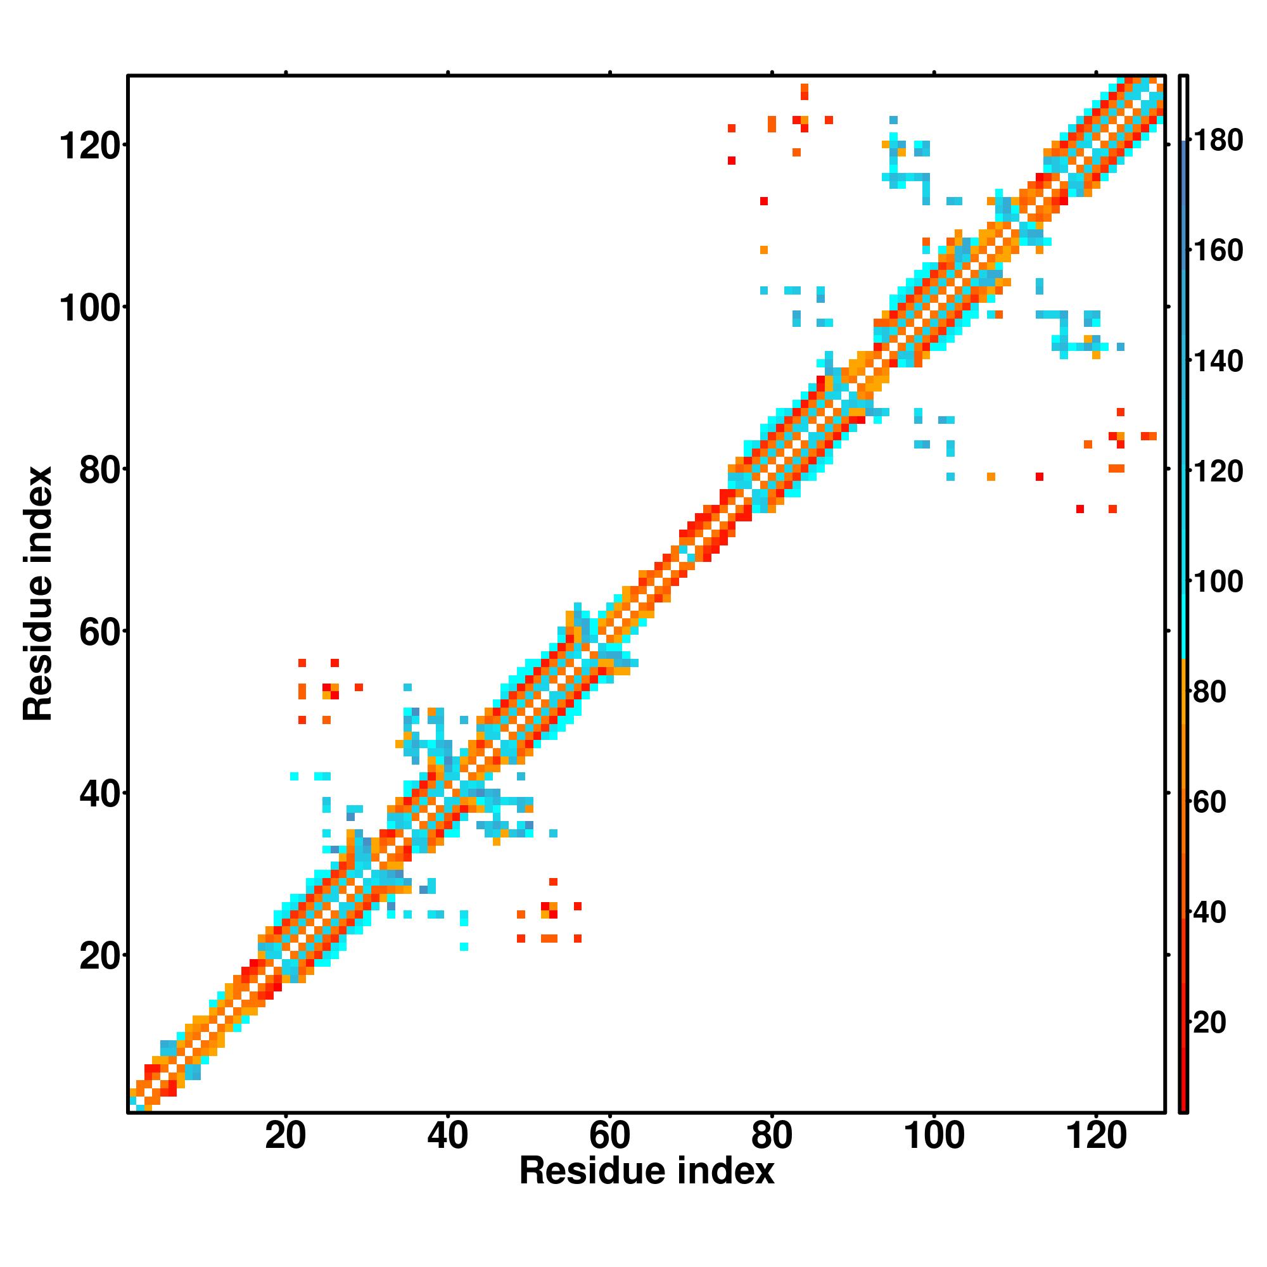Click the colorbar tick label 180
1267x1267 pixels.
click(x=1218, y=141)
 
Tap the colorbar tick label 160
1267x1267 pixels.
click(x=1218, y=250)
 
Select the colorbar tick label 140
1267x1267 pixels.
click(x=1218, y=360)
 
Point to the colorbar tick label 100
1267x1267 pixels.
click(x=1218, y=582)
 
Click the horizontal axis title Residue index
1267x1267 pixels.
click(x=647, y=1171)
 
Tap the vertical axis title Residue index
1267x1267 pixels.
click(x=37, y=594)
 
